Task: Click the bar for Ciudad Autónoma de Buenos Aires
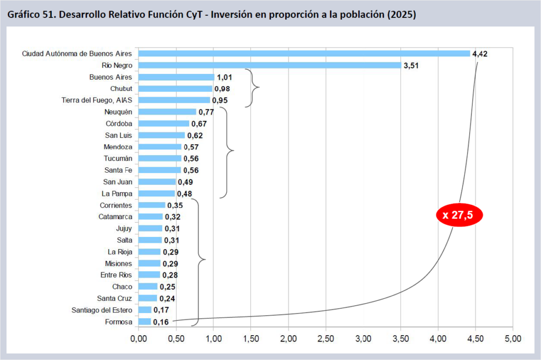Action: point(304,53)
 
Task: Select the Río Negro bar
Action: point(269,65)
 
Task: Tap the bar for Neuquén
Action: point(167,111)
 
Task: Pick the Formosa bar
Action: point(144,321)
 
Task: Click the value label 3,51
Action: point(412,65)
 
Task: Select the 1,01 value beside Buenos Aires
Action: point(225,77)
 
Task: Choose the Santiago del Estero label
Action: point(102,310)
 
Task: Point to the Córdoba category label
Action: point(119,124)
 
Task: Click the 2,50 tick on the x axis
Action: point(326,338)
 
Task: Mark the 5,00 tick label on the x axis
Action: point(512,338)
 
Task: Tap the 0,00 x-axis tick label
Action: point(138,338)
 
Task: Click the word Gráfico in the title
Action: point(25,15)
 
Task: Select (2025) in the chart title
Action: point(402,15)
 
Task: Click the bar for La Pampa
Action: point(156,193)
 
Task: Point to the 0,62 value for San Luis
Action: point(195,135)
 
